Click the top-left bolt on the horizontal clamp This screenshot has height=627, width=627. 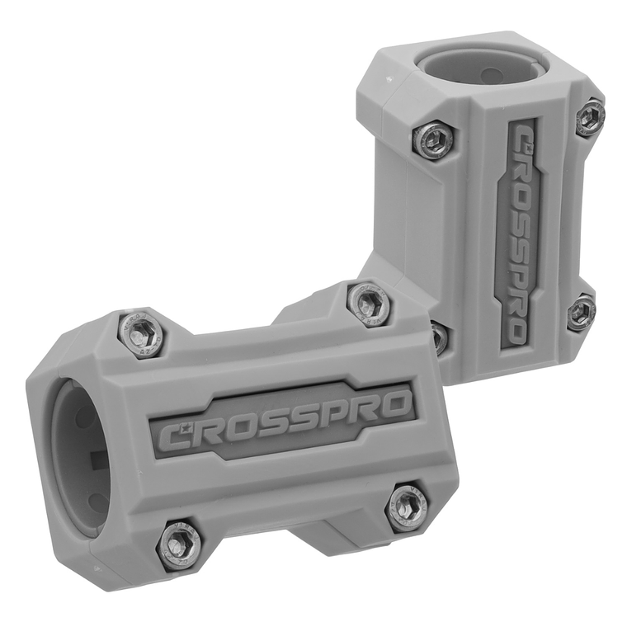coord(143,332)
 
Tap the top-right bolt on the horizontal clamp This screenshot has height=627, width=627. coord(369,304)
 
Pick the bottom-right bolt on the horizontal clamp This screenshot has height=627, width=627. coord(408,507)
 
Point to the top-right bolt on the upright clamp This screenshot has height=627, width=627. coord(590,117)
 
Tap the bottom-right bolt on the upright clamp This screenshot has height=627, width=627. coord(582,312)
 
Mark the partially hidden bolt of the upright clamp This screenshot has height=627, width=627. coord(440,337)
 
